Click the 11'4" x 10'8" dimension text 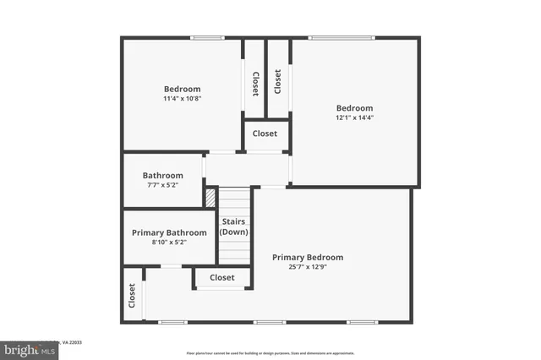click(x=182, y=99)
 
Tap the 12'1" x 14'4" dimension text click(x=354, y=117)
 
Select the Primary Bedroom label click(x=308, y=257)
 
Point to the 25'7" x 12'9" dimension click(x=308, y=267)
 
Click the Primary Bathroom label click(x=169, y=232)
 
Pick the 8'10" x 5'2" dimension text click(x=169, y=243)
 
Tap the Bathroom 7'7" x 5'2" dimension click(x=162, y=186)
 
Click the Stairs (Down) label click(x=234, y=227)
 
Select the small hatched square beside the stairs click(x=210, y=197)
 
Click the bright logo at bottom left click(x=29, y=349)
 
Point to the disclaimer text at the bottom click(x=270, y=352)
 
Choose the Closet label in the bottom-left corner click(x=132, y=295)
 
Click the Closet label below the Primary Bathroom click(x=222, y=277)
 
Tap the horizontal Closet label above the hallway click(x=265, y=134)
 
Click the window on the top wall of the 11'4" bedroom click(x=206, y=38)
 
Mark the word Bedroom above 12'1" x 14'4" click(x=354, y=107)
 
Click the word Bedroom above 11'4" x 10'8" click(x=182, y=89)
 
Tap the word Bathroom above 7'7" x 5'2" click(x=162, y=176)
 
